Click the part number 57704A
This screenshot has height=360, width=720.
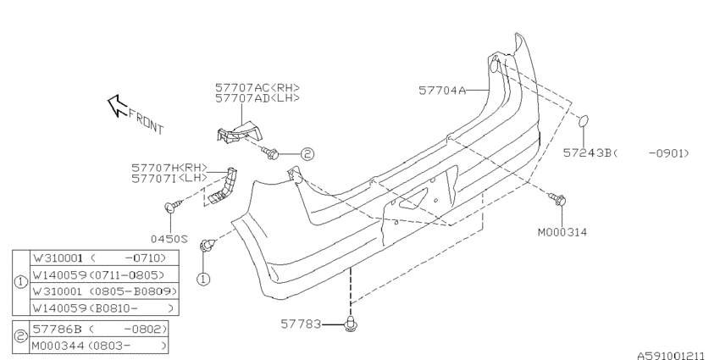(442, 91)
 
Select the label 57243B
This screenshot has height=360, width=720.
(588, 153)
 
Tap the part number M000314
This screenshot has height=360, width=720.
(562, 232)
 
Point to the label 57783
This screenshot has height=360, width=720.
(301, 324)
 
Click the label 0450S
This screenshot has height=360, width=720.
(169, 239)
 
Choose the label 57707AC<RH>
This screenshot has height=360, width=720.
(258, 87)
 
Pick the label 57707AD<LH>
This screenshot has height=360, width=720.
(258, 97)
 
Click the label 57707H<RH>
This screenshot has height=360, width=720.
(169, 168)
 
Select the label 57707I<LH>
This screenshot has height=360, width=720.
(169, 178)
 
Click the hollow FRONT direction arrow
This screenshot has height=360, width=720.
(117, 106)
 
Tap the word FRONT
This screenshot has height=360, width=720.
(146, 122)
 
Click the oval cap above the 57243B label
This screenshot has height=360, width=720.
(583, 121)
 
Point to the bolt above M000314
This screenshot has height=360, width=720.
(558, 200)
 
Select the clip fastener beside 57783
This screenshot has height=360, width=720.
(351, 324)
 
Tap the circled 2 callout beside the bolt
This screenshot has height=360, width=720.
(307, 154)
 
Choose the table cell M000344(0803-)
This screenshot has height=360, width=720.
(99, 346)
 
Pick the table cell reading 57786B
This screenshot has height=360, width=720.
(99, 330)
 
